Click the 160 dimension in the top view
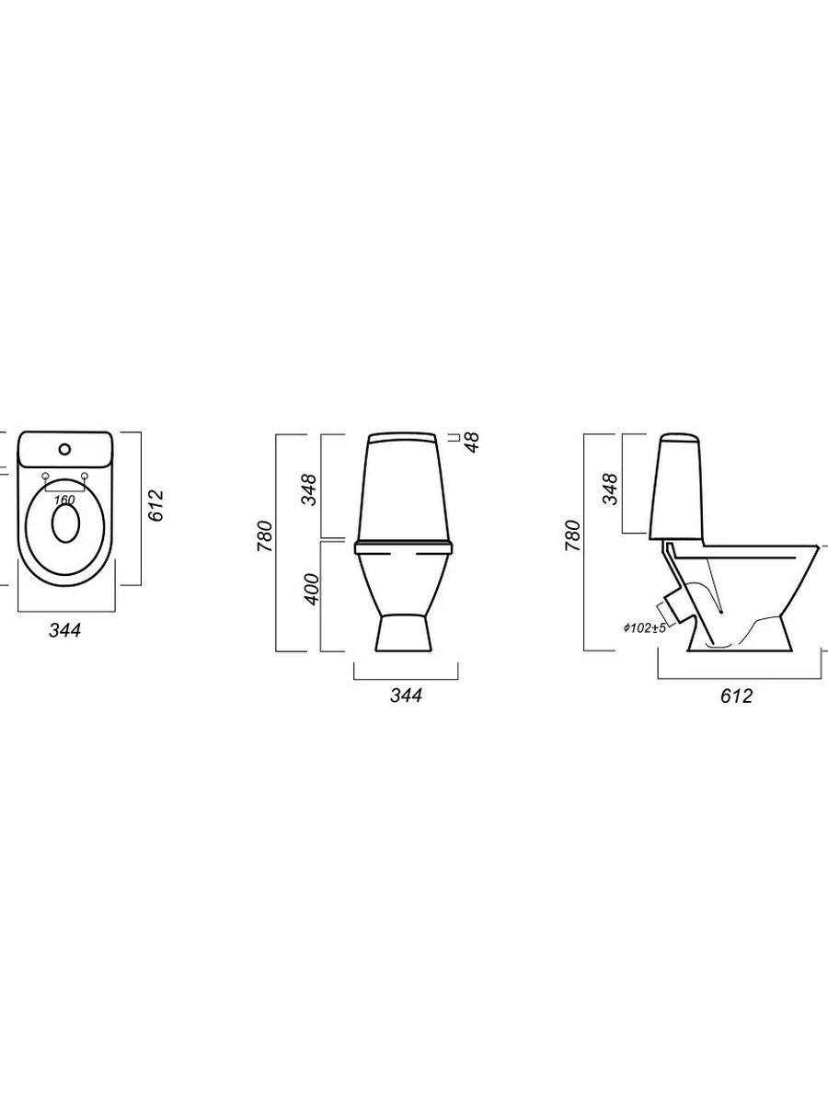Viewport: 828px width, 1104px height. pyautogui.click(x=64, y=500)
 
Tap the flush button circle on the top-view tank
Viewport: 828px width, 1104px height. pyautogui.click(x=64, y=448)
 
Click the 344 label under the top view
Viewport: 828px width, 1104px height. pyautogui.click(x=64, y=629)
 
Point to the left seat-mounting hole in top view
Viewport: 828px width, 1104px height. pyautogui.click(x=46, y=476)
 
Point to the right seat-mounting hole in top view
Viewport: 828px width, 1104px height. pyautogui.click(x=85, y=475)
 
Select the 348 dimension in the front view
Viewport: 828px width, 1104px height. pyautogui.click(x=309, y=489)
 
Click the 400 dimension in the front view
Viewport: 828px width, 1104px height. pyautogui.click(x=312, y=589)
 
